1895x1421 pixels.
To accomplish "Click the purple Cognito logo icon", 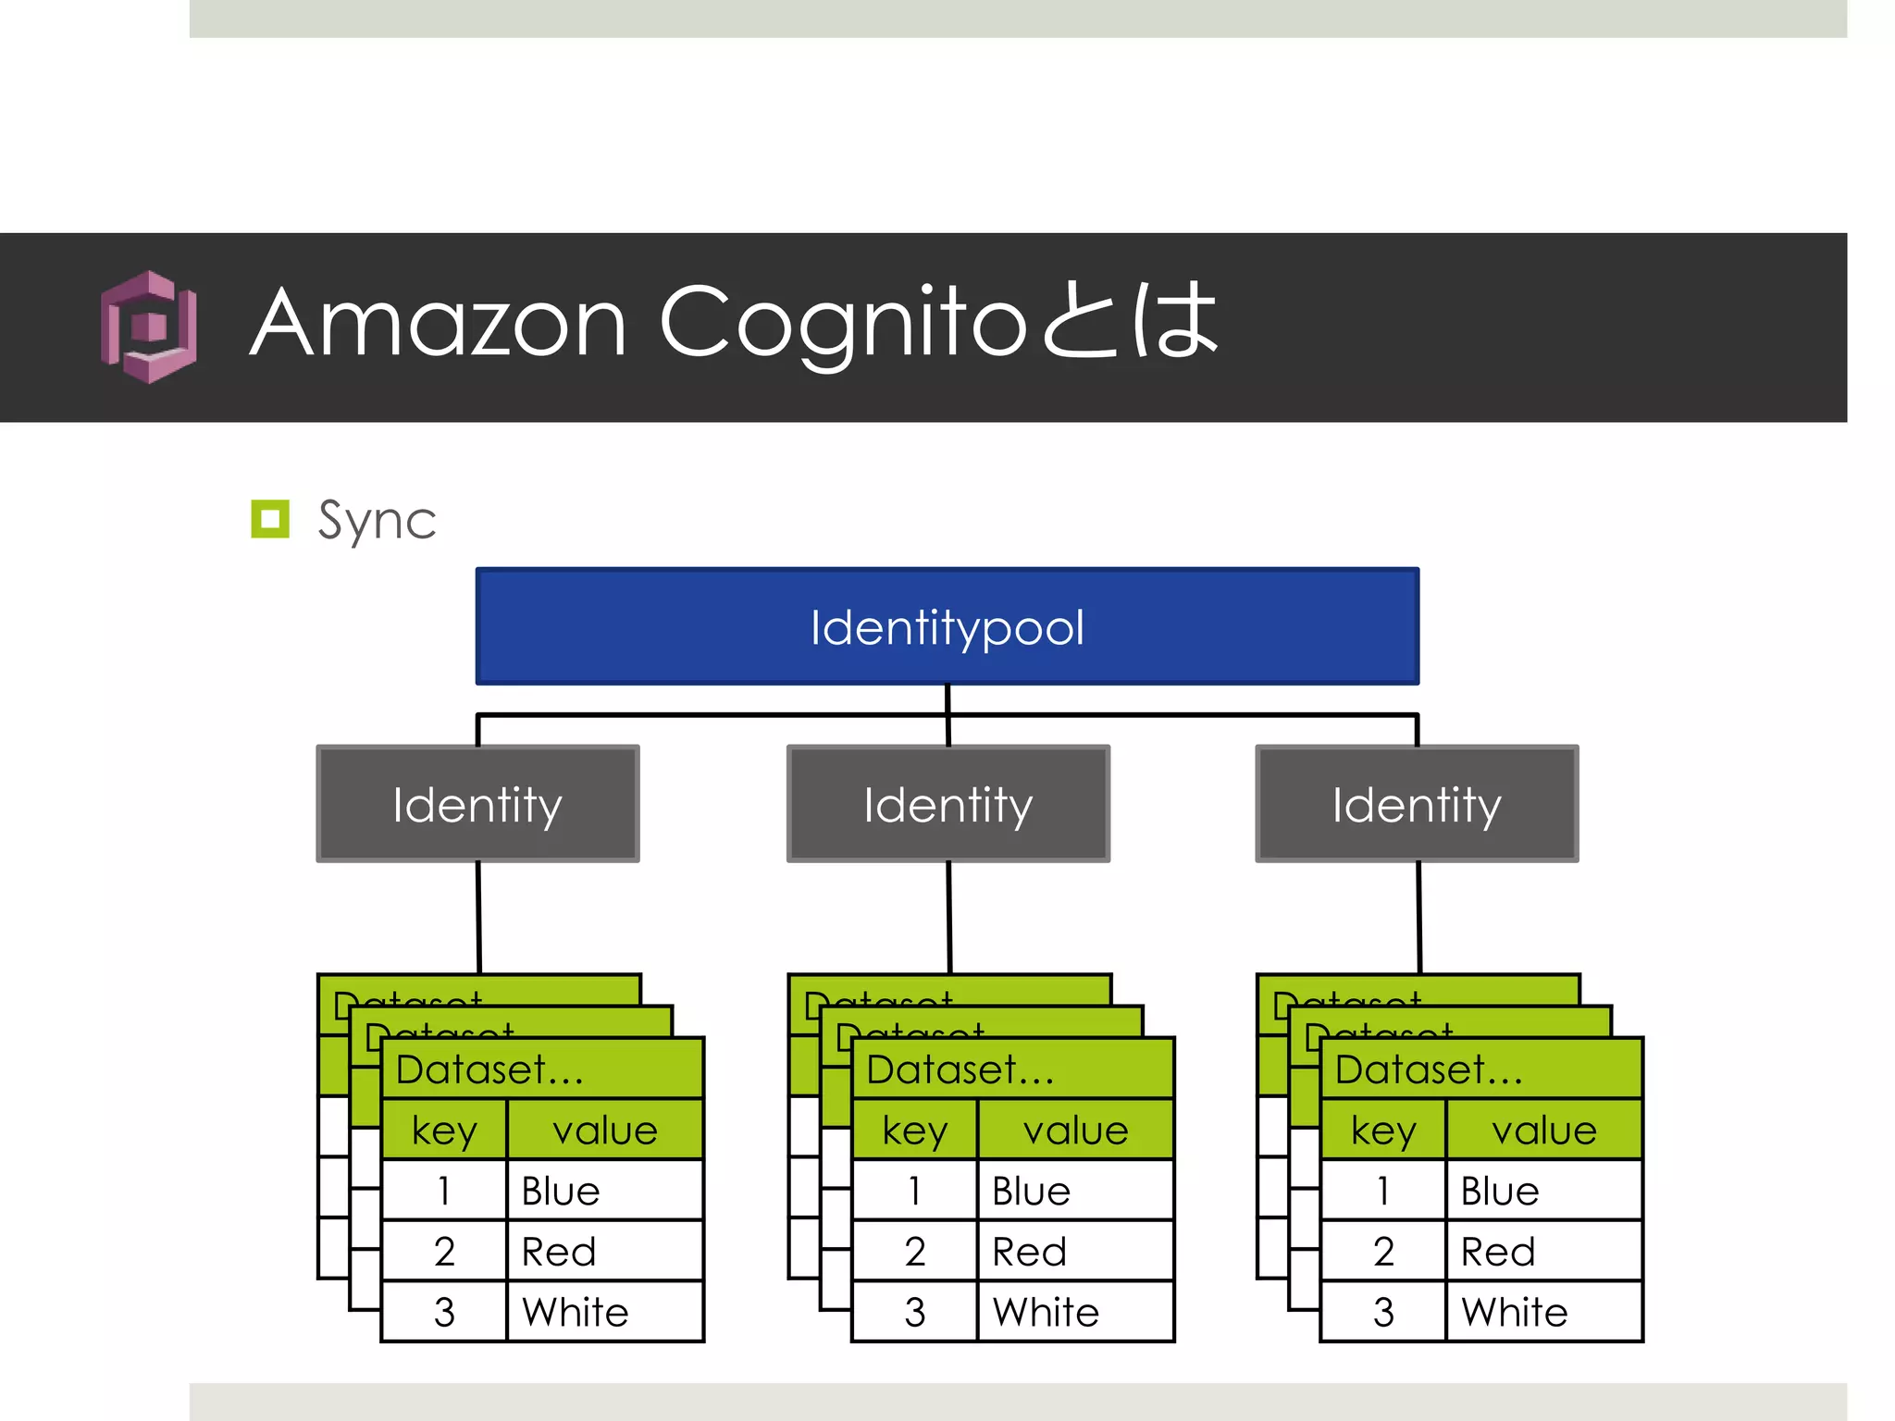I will click(x=149, y=327).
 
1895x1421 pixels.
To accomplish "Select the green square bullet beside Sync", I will click(x=270, y=519).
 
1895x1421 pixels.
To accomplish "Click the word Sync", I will click(x=377, y=520).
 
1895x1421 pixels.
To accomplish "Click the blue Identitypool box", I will click(x=947, y=626).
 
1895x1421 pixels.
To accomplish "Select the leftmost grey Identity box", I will click(x=477, y=804).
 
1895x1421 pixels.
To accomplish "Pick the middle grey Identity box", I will click(x=947, y=804).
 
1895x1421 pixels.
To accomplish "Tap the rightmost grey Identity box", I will click(x=1417, y=804).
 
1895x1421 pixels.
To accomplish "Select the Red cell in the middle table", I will click(x=1075, y=1252).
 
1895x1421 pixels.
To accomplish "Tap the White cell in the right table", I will click(x=1543, y=1312).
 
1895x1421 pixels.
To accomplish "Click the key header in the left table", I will click(x=444, y=1130).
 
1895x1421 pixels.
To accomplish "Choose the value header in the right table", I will click(x=1543, y=1130).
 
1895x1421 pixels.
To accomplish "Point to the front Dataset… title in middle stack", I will click(x=960, y=1069).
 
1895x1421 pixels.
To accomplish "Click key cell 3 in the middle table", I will click(x=914, y=1312).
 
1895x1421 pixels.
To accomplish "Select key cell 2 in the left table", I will click(x=444, y=1252).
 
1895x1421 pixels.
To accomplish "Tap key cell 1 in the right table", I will click(x=1382, y=1191).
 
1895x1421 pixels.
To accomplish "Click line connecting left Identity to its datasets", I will click(x=478, y=917).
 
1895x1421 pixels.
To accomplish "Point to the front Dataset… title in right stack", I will click(x=1429, y=1069).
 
